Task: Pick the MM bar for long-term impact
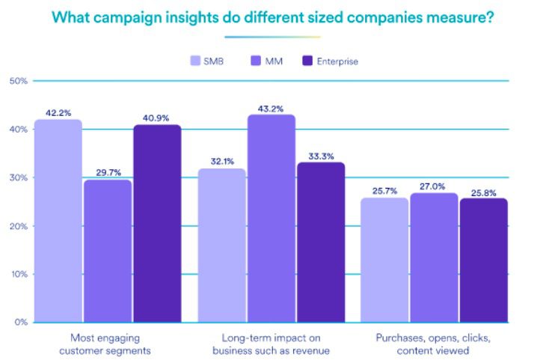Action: [x=271, y=218]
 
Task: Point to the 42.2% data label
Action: [x=58, y=112]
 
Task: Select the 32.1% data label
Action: [x=222, y=161]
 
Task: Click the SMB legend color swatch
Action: [x=196, y=61]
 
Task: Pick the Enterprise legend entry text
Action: [x=338, y=61]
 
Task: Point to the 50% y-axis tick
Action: [x=18, y=81]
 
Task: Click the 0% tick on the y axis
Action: [x=20, y=323]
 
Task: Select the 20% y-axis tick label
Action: [x=18, y=226]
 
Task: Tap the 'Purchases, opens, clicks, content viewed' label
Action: [x=433, y=344]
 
